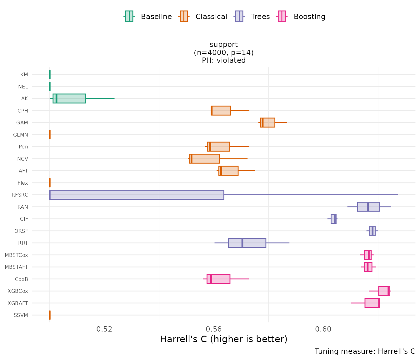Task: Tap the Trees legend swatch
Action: coord(239,16)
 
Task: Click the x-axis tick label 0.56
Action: coord(214,329)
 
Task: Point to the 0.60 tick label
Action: coord(323,329)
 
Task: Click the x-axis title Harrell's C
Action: coord(223,339)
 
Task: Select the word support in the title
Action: coord(224,44)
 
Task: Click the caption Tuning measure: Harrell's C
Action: coord(365,351)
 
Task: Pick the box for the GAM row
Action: coord(268,122)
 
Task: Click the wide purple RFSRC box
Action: coord(137,195)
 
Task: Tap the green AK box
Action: coord(69,98)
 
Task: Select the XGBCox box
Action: coord(384,291)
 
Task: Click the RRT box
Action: coord(247,243)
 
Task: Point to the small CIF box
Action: coord(333,219)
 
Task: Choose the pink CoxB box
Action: coord(218,279)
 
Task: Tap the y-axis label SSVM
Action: coord(21,315)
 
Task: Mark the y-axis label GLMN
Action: coord(21,135)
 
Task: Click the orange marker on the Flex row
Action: coord(50,183)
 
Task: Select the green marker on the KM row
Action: coord(50,74)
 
